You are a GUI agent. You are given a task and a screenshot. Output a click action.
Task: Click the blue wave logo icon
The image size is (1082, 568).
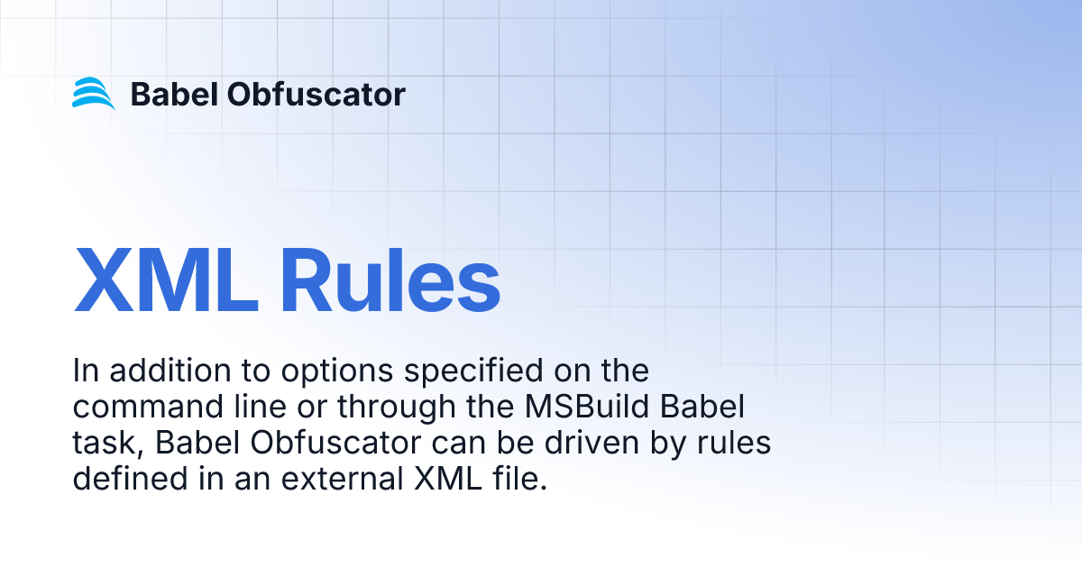(94, 94)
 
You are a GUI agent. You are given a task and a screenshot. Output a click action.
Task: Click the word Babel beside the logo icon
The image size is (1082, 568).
(171, 94)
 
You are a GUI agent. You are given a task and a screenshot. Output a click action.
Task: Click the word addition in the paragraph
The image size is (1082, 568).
(161, 371)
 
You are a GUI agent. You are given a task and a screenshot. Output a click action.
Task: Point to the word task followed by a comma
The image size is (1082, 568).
(98, 444)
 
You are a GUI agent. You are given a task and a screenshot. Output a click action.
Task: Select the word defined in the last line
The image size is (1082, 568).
(125, 479)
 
